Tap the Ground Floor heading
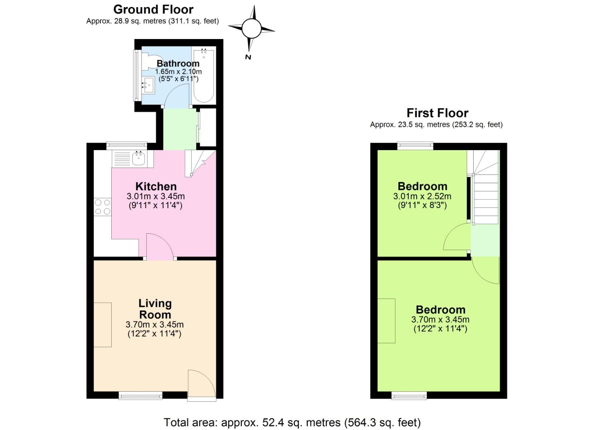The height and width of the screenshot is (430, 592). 153,9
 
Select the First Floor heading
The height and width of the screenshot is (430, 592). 437,113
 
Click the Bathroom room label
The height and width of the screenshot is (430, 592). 178,63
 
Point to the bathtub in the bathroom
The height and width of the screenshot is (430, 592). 204,76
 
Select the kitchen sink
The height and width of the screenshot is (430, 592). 138,159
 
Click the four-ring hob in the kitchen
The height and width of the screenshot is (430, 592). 102,207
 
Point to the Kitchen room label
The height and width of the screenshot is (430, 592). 156,186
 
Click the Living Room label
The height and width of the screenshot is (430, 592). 155,309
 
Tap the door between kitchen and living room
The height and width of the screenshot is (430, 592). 159,247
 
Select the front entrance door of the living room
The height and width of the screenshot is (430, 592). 201,384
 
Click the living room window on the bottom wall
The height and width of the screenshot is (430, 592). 140,395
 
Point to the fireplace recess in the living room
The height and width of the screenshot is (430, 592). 102,324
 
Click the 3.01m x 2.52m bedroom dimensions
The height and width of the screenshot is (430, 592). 422,196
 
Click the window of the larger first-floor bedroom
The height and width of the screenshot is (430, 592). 409,395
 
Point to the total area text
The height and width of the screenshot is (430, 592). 292,422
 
